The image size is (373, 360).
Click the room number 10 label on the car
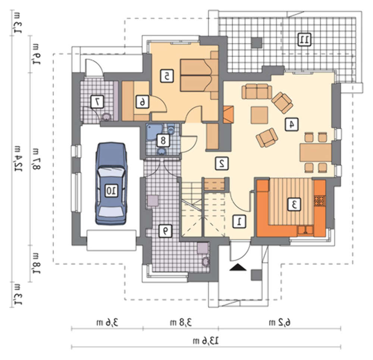click(111, 190)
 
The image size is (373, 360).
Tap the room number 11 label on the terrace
click(304, 40)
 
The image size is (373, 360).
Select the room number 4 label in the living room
click(291, 124)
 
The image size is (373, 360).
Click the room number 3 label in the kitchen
click(294, 204)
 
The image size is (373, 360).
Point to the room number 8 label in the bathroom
click(163, 140)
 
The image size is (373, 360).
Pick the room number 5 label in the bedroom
click(166, 76)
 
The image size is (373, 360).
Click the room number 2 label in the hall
click(222, 163)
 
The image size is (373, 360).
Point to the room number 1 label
click(239, 221)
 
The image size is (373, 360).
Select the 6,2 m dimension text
click(280, 322)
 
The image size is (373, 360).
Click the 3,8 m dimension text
click(181, 322)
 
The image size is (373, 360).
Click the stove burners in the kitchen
click(319, 201)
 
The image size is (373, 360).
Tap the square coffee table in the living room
click(259, 115)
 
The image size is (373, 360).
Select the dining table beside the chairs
click(316, 152)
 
